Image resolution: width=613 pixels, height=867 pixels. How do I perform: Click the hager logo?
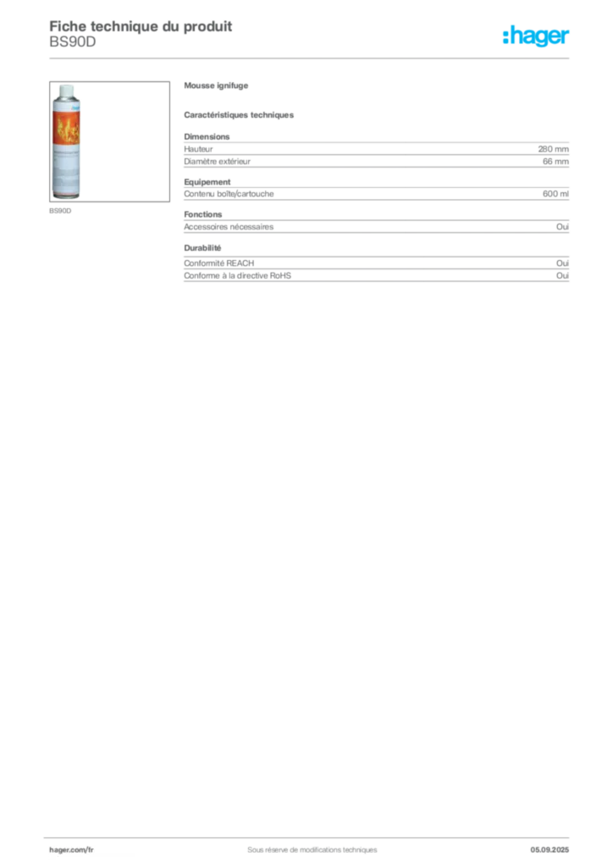pyautogui.click(x=536, y=36)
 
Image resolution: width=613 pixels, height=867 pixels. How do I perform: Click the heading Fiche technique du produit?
pyautogui.click(x=141, y=26)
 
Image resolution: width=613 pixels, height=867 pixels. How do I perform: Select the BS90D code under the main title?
pyautogui.click(x=73, y=41)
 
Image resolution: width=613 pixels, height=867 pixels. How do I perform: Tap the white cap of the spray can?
pyautogui.click(x=66, y=91)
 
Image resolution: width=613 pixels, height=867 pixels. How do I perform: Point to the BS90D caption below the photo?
pyautogui.click(x=60, y=211)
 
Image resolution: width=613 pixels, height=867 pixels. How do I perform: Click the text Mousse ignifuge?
pyautogui.click(x=216, y=86)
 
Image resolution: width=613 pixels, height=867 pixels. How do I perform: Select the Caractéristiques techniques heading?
pyautogui.click(x=239, y=115)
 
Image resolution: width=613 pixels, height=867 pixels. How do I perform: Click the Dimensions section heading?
pyautogui.click(x=207, y=136)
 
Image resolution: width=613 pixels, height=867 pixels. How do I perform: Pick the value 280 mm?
pyautogui.click(x=553, y=149)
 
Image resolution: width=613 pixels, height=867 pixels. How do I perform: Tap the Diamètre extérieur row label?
pyautogui.click(x=218, y=162)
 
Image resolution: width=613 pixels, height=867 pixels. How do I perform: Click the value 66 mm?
pyautogui.click(x=555, y=162)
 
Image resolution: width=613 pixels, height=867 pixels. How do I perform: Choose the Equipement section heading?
pyautogui.click(x=207, y=182)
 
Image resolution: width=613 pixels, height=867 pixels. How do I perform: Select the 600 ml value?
pyautogui.click(x=555, y=194)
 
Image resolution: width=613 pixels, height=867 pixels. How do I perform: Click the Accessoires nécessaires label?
pyautogui.click(x=229, y=227)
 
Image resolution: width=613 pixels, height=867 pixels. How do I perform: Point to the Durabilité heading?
pyautogui.click(x=203, y=248)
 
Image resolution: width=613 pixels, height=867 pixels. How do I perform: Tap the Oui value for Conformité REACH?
pyautogui.click(x=562, y=263)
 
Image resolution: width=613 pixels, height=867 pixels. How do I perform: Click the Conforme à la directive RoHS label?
pyautogui.click(x=238, y=275)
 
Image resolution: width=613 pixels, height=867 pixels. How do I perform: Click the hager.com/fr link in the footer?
pyautogui.click(x=71, y=850)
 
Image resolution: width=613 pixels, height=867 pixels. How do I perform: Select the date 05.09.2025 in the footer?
pyautogui.click(x=549, y=850)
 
